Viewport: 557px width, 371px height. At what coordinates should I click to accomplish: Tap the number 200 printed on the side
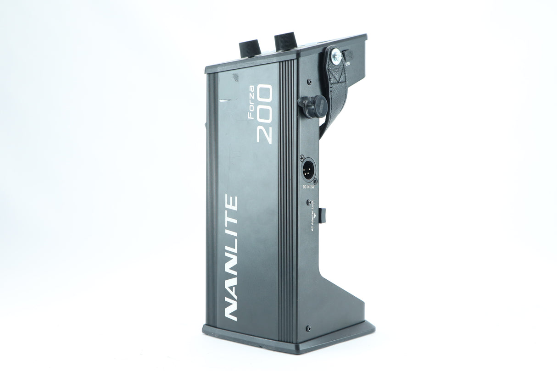tap(265, 115)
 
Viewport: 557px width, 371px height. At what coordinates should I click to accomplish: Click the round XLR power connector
tap(308, 169)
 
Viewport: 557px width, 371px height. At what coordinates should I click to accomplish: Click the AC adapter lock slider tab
tap(323, 214)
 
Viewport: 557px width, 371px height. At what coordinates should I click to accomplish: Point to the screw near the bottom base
tap(308, 328)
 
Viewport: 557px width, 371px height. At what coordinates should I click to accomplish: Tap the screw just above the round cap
tap(309, 82)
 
